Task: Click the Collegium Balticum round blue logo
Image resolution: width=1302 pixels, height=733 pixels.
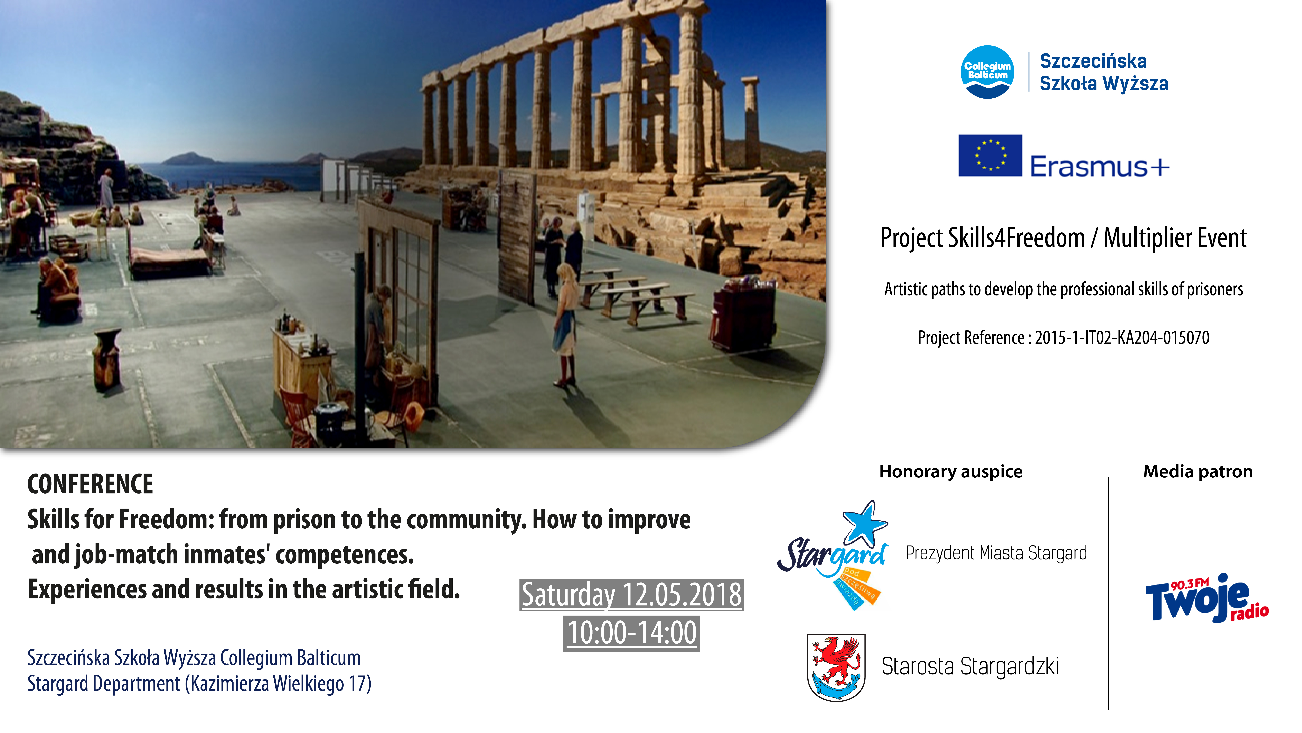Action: click(x=987, y=72)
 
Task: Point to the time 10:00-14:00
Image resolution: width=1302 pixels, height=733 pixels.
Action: click(x=631, y=633)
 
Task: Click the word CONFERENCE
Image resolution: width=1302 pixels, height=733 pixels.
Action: click(x=90, y=484)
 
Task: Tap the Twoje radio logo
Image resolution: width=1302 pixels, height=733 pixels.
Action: click(x=1207, y=598)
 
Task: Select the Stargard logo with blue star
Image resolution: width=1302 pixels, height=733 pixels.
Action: click(x=832, y=555)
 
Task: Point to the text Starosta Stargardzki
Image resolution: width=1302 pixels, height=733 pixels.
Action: click(x=970, y=666)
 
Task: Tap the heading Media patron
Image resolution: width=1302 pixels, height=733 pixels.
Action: click(x=1198, y=471)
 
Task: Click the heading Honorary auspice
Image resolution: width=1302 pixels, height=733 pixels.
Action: click(x=951, y=471)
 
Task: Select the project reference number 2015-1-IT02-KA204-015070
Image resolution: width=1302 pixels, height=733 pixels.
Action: click(x=1122, y=337)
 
